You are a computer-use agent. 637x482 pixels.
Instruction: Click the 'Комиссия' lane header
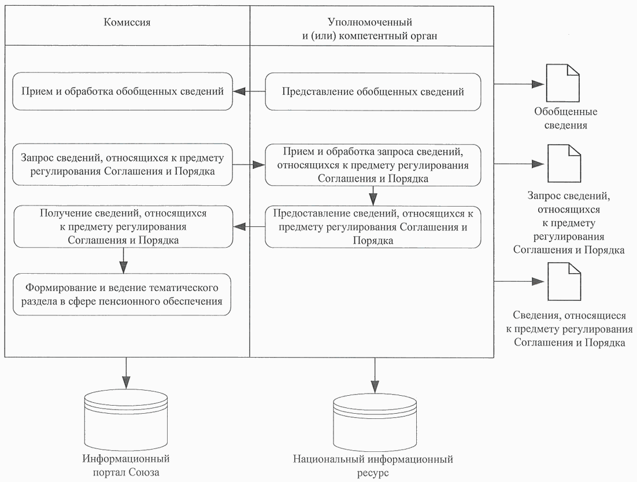coord(127,23)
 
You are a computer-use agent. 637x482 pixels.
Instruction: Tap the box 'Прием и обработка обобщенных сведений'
coord(123,91)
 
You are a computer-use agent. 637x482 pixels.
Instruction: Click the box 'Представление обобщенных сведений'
coord(373,91)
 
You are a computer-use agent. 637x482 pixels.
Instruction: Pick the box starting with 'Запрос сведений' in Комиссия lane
coord(123,164)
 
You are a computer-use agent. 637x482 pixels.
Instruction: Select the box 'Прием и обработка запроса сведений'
coord(373,165)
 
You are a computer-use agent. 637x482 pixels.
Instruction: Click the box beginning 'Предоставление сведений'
coord(373,226)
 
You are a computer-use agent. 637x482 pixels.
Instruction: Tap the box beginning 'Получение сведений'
coord(123,226)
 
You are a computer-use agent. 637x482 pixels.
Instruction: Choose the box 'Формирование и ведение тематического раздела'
coord(123,295)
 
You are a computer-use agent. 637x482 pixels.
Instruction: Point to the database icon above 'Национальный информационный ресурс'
coord(375,420)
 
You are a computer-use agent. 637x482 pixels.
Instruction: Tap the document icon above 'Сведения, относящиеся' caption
coord(563,282)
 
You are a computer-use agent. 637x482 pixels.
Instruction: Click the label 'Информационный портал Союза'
coord(126,465)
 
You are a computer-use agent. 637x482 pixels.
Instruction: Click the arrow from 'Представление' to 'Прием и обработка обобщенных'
coord(249,91)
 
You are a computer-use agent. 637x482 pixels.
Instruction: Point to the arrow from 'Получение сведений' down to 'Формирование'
coord(123,260)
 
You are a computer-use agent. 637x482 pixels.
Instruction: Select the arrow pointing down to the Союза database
coord(125,373)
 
